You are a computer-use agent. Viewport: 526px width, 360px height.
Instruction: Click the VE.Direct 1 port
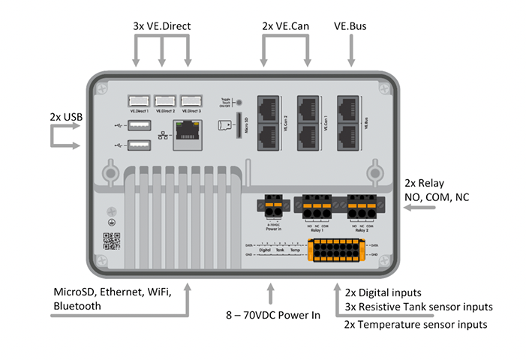tap(138, 100)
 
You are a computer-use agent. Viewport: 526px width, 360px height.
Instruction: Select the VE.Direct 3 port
tap(191, 100)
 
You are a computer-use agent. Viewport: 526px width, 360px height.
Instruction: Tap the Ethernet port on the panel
tap(188, 136)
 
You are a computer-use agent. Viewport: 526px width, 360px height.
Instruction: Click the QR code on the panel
tap(111, 241)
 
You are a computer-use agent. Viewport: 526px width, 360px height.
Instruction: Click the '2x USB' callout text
tap(65, 118)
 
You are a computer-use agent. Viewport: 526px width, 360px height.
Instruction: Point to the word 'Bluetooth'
tap(77, 306)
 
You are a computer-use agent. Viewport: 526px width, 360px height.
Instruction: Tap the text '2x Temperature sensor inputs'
tap(415, 325)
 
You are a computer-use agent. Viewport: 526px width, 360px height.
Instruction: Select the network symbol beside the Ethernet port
tap(164, 136)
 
